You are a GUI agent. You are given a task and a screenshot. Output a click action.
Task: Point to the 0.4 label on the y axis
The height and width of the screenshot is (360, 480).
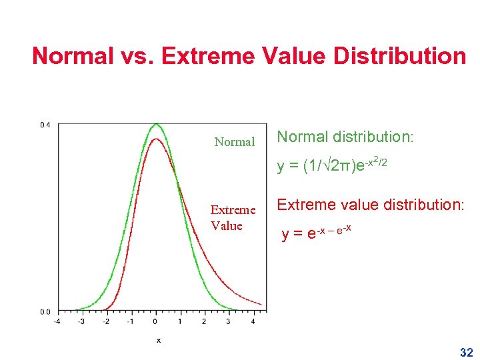pyautogui.click(x=44, y=125)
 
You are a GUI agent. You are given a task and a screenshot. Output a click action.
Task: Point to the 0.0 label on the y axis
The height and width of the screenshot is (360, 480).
pyautogui.click(x=44, y=311)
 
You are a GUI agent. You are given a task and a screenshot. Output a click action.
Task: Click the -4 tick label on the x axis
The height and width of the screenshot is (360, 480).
pyautogui.click(x=56, y=322)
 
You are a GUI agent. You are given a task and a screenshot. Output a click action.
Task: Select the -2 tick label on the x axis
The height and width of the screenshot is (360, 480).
pyautogui.click(x=105, y=322)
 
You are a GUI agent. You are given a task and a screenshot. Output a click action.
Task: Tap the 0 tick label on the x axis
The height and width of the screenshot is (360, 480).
pyautogui.click(x=155, y=322)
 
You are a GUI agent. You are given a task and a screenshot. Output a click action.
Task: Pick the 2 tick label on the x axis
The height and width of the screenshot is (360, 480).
pyautogui.click(x=204, y=322)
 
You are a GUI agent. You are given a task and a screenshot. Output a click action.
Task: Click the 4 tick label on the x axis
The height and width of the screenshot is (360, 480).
pyautogui.click(x=253, y=322)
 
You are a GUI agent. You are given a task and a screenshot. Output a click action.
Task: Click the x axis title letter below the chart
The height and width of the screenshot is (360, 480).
pyautogui.click(x=158, y=340)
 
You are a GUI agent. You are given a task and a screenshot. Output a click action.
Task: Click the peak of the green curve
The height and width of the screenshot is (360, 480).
pyautogui.click(x=155, y=124)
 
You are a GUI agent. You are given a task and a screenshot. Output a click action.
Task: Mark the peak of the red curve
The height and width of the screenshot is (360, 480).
pyautogui.click(x=155, y=139)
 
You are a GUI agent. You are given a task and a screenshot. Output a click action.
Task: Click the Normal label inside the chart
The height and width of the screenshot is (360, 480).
pyautogui.click(x=235, y=142)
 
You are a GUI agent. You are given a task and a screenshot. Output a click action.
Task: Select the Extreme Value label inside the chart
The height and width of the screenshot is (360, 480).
pyautogui.click(x=233, y=217)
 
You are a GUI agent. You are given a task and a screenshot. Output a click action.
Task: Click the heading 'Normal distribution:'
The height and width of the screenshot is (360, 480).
pyautogui.click(x=345, y=137)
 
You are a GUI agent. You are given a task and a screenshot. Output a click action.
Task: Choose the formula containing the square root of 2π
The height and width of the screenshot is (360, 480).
pyautogui.click(x=332, y=165)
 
